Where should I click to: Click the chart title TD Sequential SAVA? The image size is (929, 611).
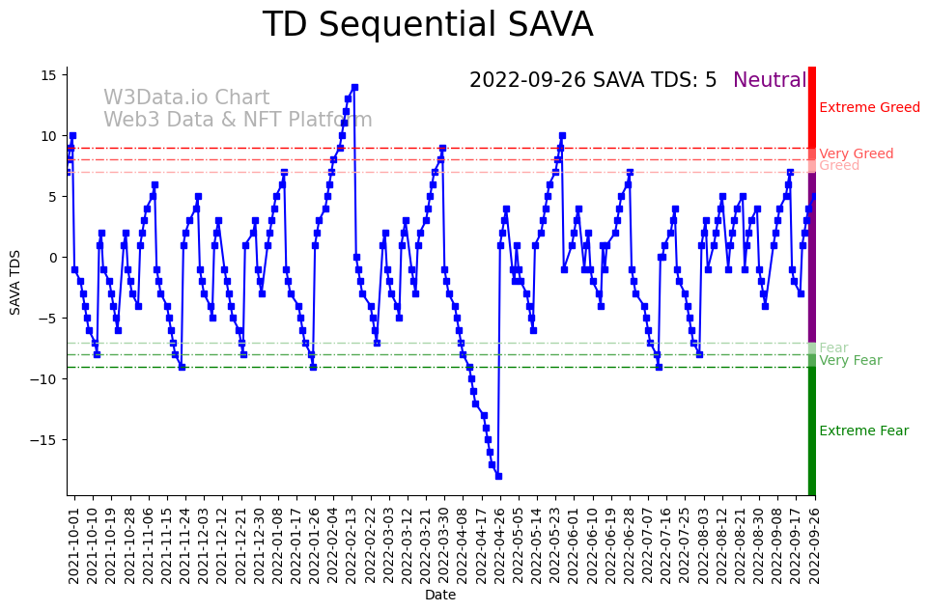[428, 25]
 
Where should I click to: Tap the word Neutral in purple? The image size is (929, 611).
[770, 80]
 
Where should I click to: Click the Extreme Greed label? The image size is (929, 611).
[869, 107]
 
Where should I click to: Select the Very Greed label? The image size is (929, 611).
[856, 154]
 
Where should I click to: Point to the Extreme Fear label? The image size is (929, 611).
[863, 430]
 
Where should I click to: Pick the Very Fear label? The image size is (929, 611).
[850, 361]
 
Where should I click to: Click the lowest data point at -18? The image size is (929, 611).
[498, 476]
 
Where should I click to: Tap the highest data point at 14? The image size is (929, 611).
[354, 87]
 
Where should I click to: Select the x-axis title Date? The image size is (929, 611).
[439, 596]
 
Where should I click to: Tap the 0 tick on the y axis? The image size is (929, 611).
[55, 257]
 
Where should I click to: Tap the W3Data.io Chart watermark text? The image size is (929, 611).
[186, 97]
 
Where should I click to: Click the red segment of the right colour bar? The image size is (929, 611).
[812, 106]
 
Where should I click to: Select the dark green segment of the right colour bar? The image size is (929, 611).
[812, 430]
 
